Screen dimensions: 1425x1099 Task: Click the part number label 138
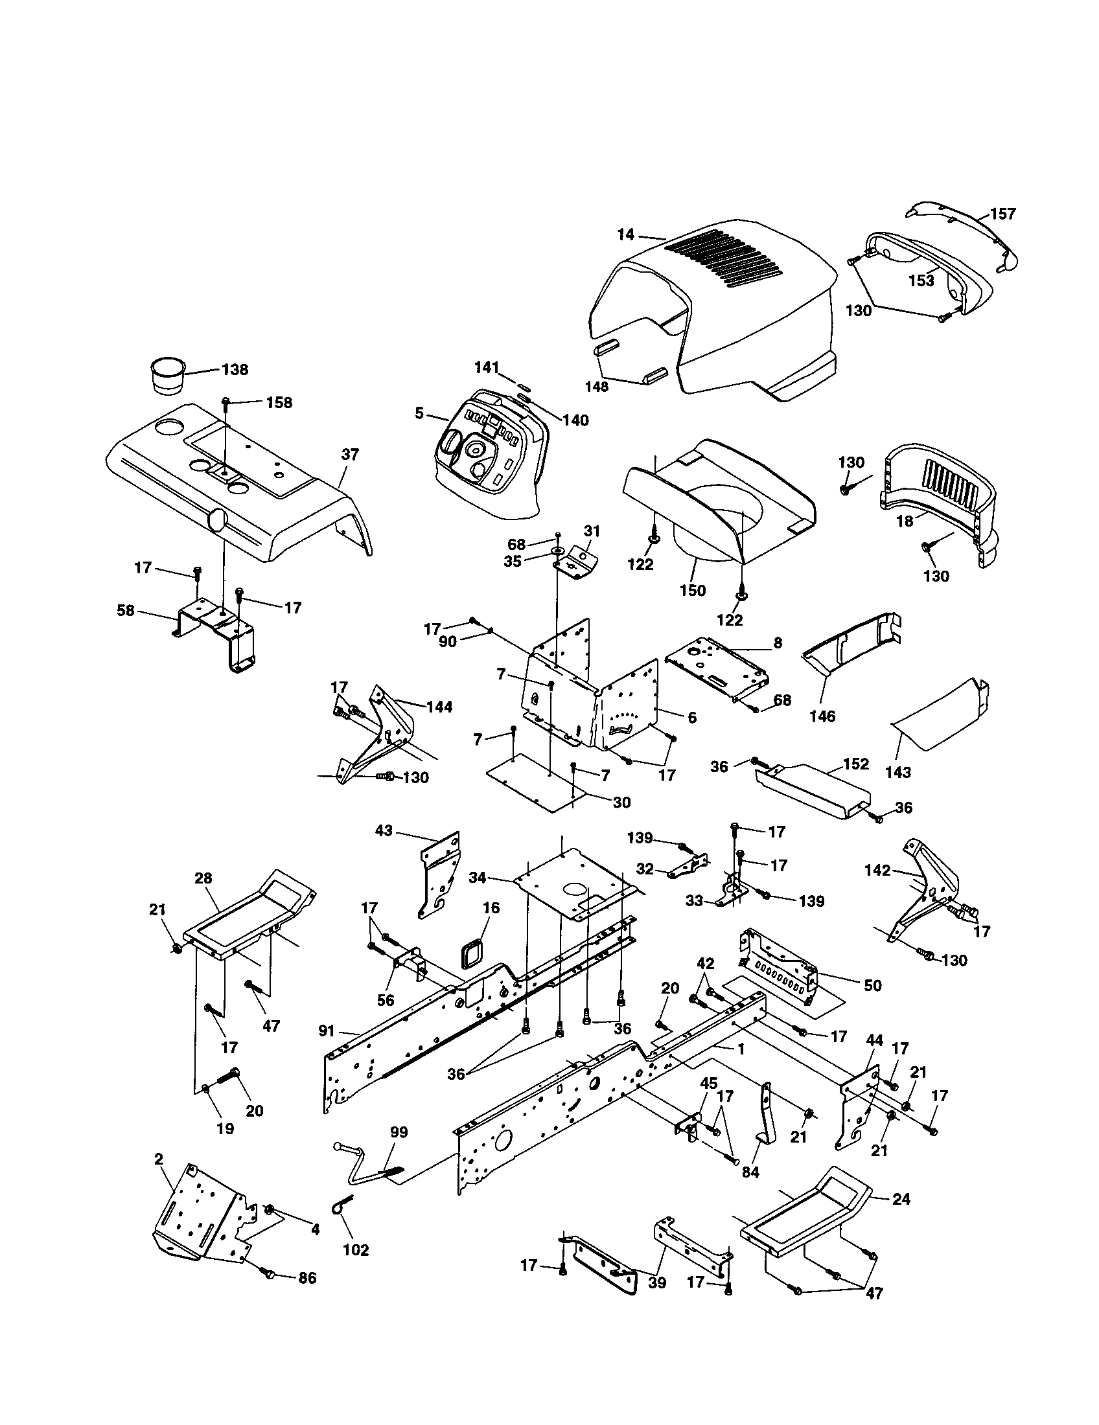(235, 369)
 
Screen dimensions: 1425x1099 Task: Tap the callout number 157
(1002, 214)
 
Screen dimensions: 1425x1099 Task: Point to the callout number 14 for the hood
(625, 234)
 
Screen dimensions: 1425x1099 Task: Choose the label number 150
(692, 590)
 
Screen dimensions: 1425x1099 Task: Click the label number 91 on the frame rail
(327, 1031)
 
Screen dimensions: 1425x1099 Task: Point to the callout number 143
(898, 772)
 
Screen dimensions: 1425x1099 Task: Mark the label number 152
(856, 764)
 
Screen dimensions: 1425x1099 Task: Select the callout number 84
(750, 1172)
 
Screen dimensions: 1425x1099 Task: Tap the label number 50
(873, 985)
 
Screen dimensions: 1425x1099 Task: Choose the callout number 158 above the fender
(279, 403)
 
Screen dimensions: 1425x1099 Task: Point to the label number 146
(822, 716)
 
